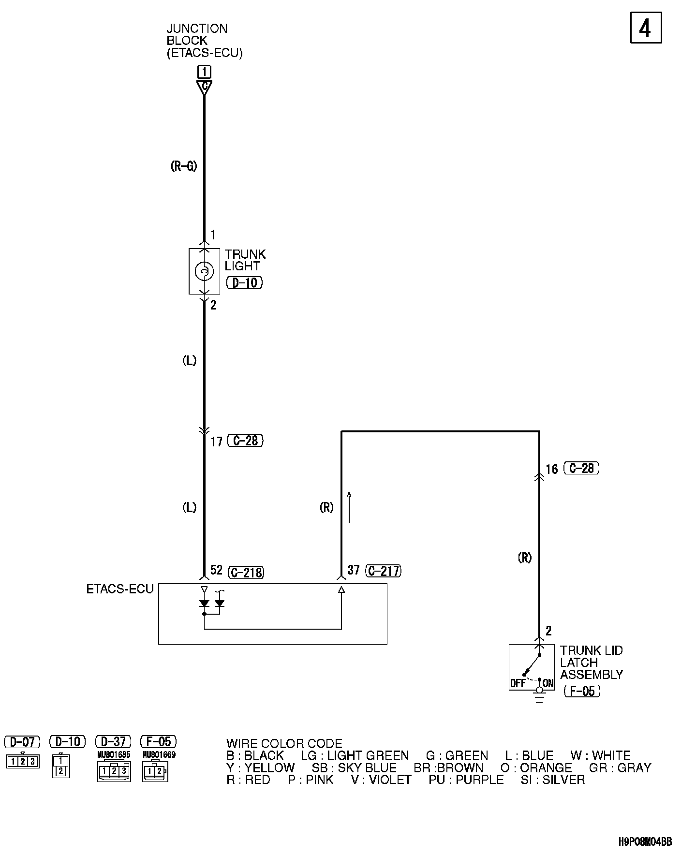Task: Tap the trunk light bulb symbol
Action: tap(204, 271)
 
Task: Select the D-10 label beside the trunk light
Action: tap(244, 282)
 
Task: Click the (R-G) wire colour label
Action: tap(184, 166)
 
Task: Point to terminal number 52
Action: tap(216, 570)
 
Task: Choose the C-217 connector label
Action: tap(384, 571)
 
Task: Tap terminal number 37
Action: tap(354, 570)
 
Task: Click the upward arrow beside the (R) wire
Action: tap(349, 507)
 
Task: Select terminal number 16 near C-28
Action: tap(552, 469)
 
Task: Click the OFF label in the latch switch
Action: tap(518, 683)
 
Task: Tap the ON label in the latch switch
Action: tap(548, 683)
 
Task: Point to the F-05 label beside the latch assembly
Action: tap(582, 691)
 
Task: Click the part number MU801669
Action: tap(159, 754)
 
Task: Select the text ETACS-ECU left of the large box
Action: tap(120, 589)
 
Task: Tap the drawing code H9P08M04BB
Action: tap(645, 842)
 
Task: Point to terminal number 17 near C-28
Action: tap(216, 442)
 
